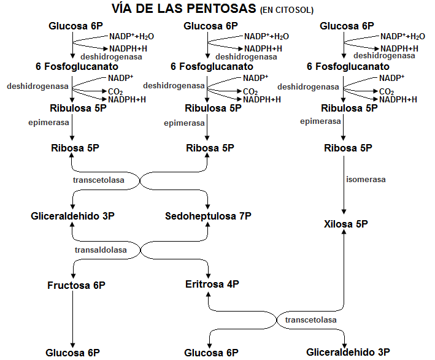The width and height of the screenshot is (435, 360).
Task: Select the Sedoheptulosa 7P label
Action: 208,216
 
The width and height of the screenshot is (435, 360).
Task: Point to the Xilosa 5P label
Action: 345,224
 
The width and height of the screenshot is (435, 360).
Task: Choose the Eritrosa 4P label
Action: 212,284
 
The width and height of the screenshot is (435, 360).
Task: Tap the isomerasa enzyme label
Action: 366,180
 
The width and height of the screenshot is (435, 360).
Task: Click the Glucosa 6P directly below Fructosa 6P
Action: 72,353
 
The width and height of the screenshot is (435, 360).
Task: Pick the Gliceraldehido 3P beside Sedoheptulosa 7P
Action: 72,216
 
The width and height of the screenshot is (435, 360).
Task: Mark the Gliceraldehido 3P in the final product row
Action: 348,352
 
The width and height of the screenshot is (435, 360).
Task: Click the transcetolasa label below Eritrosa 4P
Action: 310,320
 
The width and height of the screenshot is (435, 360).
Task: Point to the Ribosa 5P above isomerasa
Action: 348,148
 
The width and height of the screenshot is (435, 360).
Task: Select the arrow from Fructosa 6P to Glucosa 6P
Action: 72,319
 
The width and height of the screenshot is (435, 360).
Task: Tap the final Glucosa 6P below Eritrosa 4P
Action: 211,353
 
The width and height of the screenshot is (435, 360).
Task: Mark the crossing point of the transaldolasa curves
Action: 142,250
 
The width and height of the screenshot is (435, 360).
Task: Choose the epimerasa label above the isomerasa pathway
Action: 320,121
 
